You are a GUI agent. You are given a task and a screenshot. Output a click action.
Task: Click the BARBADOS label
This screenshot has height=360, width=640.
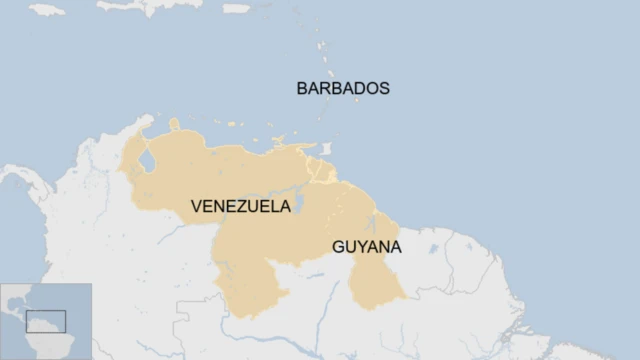click(343, 88)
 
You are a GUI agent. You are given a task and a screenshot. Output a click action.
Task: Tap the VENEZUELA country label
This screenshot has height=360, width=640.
click(241, 207)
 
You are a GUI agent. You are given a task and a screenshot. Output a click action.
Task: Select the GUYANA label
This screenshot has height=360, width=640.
click(367, 246)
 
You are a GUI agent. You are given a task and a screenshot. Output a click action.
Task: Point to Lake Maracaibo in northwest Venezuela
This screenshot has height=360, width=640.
click(148, 160)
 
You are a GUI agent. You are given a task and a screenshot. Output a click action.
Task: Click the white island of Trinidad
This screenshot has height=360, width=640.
click(325, 149)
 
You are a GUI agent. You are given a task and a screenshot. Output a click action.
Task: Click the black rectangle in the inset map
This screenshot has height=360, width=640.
click(46, 321)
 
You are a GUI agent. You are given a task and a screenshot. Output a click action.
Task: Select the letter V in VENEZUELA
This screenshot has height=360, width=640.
click(197, 207)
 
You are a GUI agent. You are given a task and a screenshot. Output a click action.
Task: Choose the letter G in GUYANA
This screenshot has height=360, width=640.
click(338, 246)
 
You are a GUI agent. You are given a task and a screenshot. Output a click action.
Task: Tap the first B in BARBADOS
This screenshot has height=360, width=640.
click(303, 88)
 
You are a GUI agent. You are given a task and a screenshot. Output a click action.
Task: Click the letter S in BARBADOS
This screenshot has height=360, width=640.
click(383, 88)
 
